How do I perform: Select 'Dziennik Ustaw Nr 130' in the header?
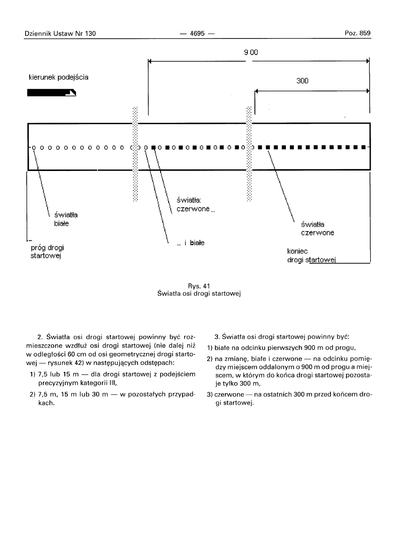click(x=60, y=33)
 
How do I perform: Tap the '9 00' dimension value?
click(x=251, y=52)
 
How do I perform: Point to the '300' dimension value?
click(x=302, y=81)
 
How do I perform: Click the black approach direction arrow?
click(x=52, y=93)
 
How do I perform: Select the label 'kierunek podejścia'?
click(x=58, y=77)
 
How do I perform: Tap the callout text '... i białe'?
click(x=190, y=243)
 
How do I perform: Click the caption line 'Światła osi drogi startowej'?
click(x=197, y=293)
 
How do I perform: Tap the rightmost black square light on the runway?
click(x=363, y=147)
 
